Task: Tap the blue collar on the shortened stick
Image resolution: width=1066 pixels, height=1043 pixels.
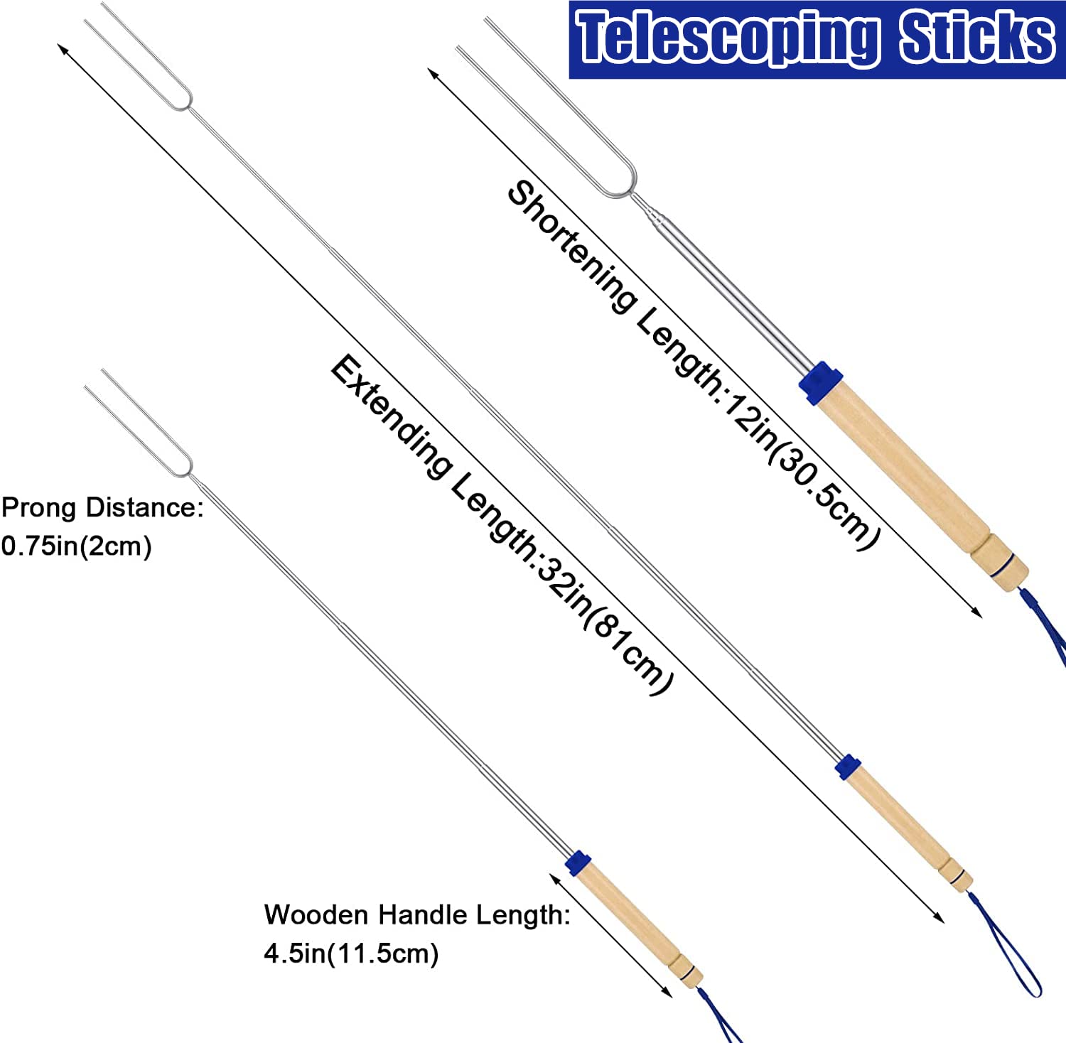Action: (820, 383)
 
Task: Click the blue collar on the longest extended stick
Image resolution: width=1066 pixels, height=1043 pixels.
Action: (848, 767)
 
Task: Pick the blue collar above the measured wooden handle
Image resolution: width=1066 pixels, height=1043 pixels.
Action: (578, 863)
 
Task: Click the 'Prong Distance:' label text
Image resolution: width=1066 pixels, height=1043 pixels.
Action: (102, 508)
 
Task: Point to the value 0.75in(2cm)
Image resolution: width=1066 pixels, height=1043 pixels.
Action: (76, 546)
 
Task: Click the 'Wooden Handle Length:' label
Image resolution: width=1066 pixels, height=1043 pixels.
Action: (417, 915)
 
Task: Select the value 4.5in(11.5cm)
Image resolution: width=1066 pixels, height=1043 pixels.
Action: (351, 953)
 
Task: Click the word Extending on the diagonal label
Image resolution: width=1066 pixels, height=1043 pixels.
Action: (392, 416)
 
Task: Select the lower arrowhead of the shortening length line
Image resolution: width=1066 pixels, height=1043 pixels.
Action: (977, 612)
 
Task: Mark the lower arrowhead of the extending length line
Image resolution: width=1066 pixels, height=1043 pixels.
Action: (939, 917)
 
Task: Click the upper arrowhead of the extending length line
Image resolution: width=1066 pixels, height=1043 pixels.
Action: (63, 49)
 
